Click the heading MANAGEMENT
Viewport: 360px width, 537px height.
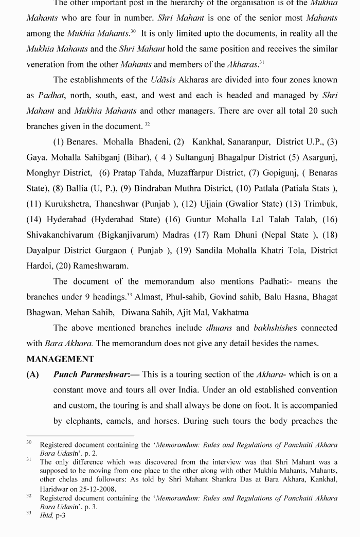point(60,359)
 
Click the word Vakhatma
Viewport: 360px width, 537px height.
point(230,312)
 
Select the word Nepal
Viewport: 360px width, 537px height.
point(277,235)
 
